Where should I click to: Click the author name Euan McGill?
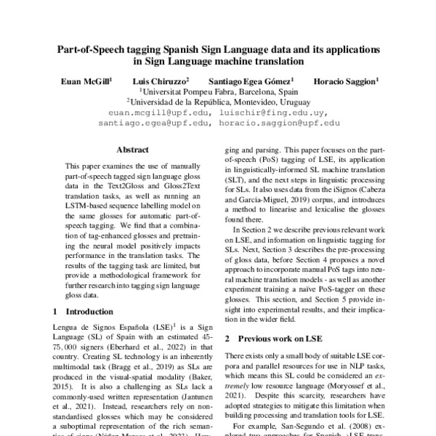tap(86, 82)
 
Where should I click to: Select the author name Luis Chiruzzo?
tap(161, 82)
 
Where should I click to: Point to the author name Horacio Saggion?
tap(346, 82)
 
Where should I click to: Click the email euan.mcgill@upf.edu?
tap(159, 113)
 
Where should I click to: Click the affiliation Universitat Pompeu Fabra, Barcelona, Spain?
tap(218, 93)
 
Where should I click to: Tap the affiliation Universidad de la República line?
tap(218, 103)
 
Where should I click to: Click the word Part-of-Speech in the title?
tap(92, 49)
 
